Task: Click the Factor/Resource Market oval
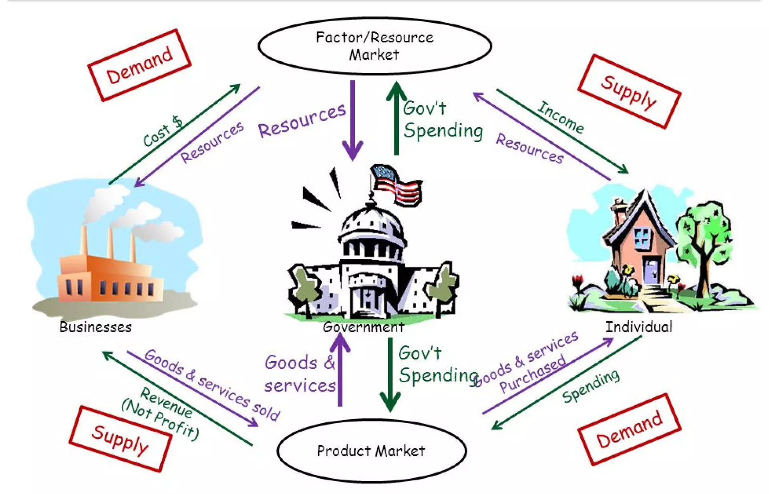tap(374, 46)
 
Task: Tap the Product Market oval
tap(371, 451)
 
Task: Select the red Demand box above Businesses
tap(139, 65)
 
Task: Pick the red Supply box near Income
tap(629, 92)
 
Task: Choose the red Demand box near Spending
tap(629, 430)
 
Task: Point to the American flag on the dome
tap(397, 185)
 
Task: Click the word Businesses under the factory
tap(95, 327)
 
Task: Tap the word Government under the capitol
tap(363, 327)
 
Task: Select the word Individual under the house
tap(639, 327)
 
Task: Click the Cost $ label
tap(163, 131)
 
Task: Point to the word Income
tap(560, 117)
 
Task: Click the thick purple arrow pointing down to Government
tap(352, 120)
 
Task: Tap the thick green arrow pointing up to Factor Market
tap(396, 118)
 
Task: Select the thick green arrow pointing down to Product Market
tap(390, 374)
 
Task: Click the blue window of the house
tap(642, 236)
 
